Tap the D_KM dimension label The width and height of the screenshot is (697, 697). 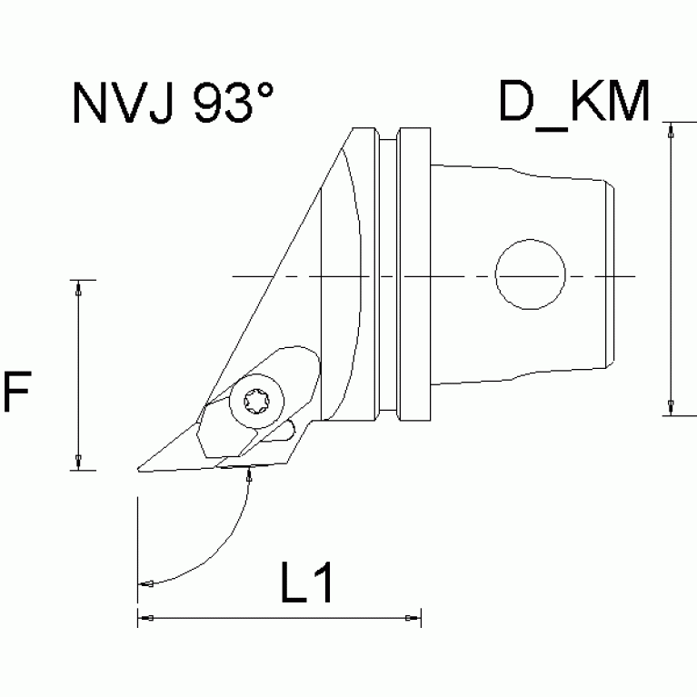(x=574, y=102)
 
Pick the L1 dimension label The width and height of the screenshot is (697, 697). (x=306, y=586)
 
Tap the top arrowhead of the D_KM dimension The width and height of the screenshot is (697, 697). (x=671, y=129)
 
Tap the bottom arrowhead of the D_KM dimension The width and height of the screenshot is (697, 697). (x=671, y=407)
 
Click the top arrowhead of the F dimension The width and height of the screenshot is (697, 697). (x=79, y=287)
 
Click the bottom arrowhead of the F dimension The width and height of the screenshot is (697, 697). (x=79, y=462)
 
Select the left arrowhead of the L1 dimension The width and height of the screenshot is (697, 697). (x=144, y=618)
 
